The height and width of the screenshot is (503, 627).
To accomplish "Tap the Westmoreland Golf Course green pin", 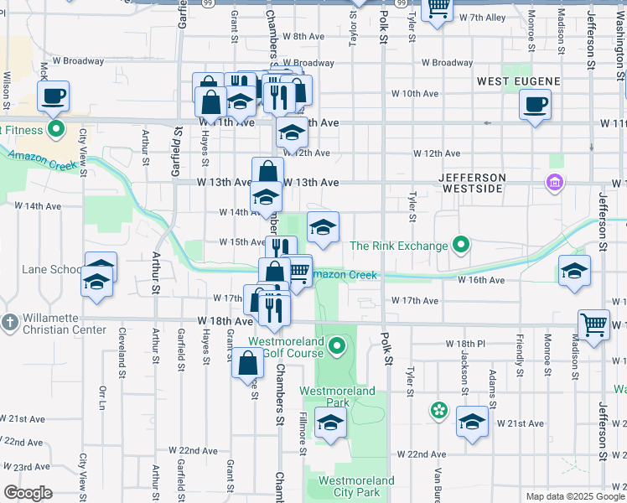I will [337, 345].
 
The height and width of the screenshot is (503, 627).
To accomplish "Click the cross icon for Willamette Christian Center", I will [9, 323].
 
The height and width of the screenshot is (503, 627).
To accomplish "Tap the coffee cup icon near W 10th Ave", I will [534, 105].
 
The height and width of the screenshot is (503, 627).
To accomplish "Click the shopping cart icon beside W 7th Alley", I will [437, 8].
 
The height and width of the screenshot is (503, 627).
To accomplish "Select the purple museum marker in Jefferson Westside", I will [554, 182].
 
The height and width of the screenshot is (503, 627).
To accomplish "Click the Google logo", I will [28, 492].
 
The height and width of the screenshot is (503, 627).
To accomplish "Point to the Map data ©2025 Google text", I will [575, 496].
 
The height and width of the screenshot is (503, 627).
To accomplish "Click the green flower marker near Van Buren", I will [438, 410].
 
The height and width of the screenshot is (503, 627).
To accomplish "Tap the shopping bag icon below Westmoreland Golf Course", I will [248, 364].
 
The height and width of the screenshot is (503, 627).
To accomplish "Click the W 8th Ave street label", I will [303, 37].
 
